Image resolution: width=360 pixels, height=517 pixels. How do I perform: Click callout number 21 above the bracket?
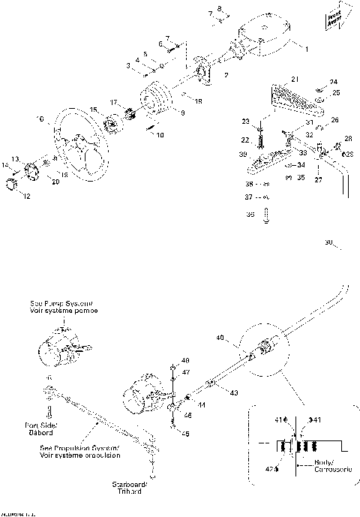[x=295, y=79]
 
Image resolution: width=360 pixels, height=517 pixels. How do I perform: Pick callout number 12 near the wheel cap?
[x=28, y=197]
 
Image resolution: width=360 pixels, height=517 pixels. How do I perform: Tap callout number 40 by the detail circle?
[x=220, y=339]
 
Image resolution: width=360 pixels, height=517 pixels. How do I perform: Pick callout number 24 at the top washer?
[x=334, y=81]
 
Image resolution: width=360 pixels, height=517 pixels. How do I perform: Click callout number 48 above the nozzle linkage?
[x=185, y=361]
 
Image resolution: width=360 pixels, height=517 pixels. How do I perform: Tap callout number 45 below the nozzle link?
[x=185, y=432]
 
